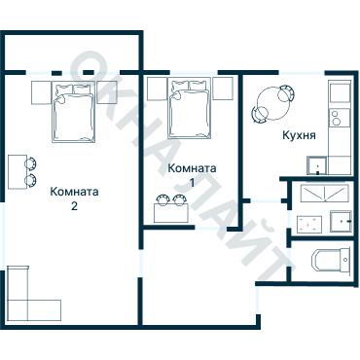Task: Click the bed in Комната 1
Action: point(189,109)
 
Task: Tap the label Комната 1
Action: point(192,174)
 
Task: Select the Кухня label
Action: point(298,136)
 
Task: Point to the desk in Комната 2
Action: point(17,174)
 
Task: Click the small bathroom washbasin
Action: point(341,220)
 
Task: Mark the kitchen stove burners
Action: point(339,121)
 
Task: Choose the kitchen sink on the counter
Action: point(339,93)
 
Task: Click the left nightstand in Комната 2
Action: point(40,92)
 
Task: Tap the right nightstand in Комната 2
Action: point(106,92)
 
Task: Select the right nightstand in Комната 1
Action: point(223,89)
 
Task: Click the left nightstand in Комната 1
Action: point(156,89)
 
